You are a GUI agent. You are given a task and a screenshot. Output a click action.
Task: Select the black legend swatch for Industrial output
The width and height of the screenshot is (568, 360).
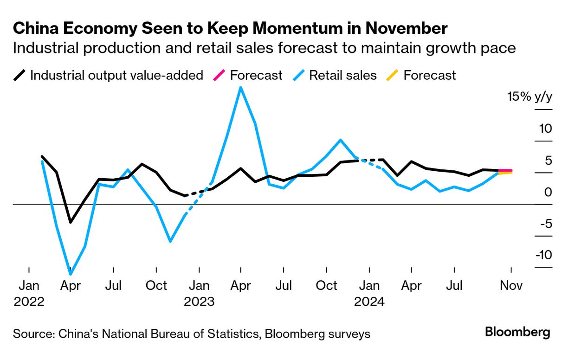tap(19, 75)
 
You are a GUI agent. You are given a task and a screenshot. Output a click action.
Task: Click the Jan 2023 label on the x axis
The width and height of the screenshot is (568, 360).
tap(199, 293)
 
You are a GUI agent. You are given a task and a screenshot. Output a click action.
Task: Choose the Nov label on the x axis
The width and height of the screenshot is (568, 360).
tap(511, 285)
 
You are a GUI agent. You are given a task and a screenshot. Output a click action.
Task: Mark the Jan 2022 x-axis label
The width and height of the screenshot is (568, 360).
tap(29, 293)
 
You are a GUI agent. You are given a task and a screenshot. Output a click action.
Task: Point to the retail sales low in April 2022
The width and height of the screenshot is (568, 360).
tap(71, 274)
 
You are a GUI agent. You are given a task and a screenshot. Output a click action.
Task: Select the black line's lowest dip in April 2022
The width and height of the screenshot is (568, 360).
tap(71, 222)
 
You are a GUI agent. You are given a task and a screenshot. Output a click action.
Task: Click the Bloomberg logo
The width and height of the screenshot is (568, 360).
tap(517, 332)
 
